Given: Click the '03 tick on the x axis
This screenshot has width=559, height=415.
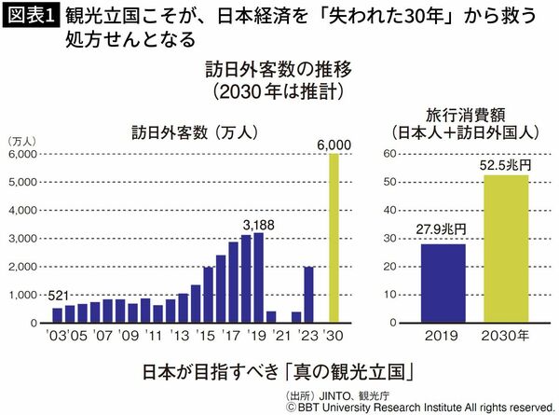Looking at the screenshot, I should coord(57,333).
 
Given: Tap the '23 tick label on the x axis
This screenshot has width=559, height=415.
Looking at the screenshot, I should coord(310,333).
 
